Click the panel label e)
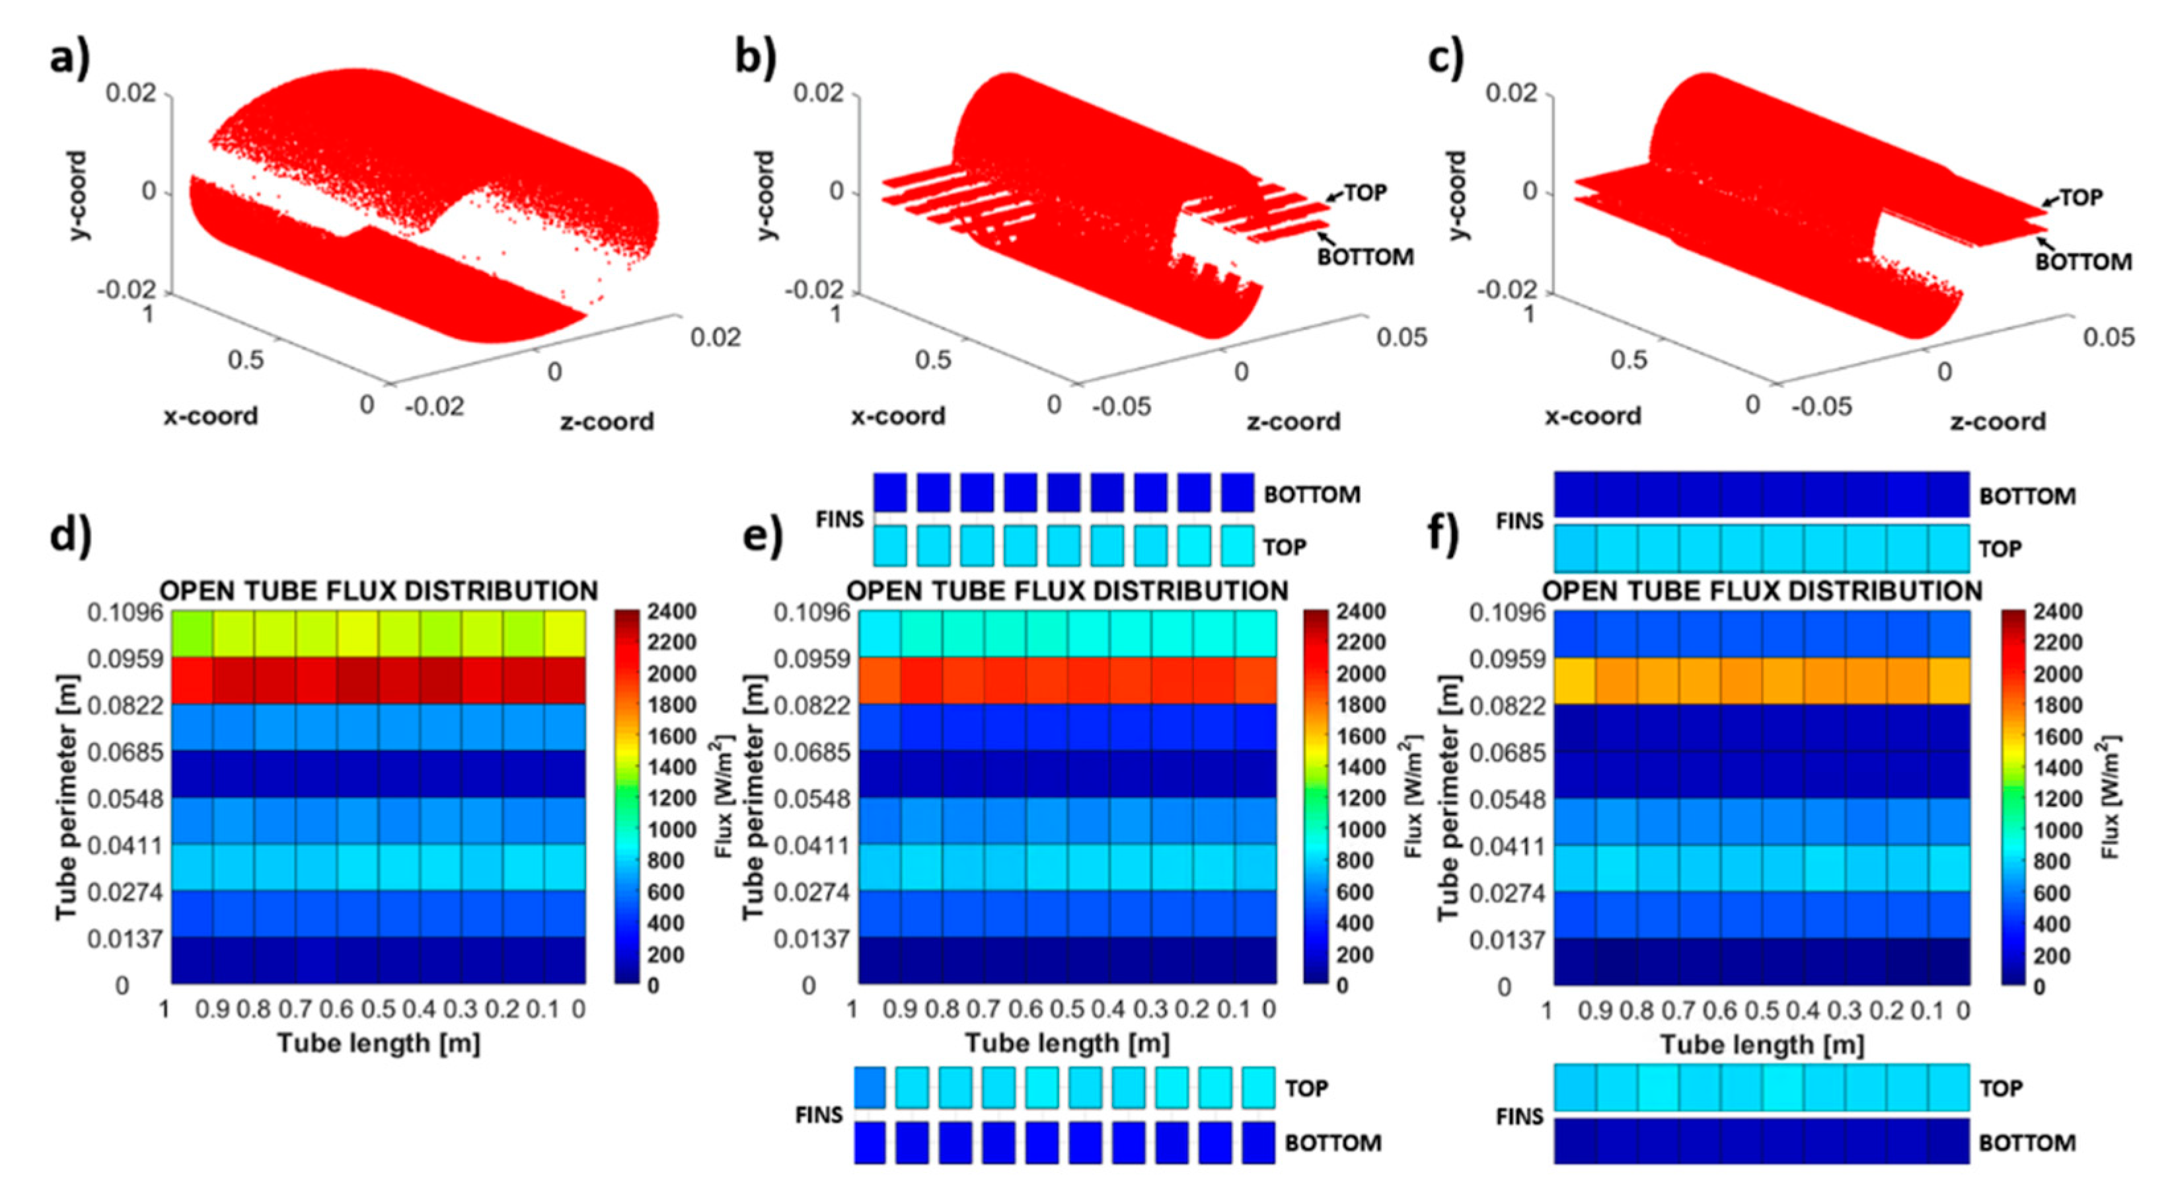(x=763, y=535)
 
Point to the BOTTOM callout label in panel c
(x=2083, y=262)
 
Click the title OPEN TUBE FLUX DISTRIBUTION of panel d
(x=379, y=591)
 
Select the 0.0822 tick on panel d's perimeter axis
(x=126, y=705)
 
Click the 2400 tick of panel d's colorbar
(x=671, y=611)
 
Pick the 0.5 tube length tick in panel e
(x=1067, y=1009)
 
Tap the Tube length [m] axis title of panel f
(x=1762, y=1045)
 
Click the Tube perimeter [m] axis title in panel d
(x=67, y=796)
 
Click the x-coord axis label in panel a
(x=210, y=416)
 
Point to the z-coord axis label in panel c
(x=1997, y=421)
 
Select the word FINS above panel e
(x=839, y=520)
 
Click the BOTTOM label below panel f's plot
(x=2027, y=1143)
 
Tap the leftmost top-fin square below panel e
(x=870, y=1087)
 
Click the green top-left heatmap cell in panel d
(x=192, y=634)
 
